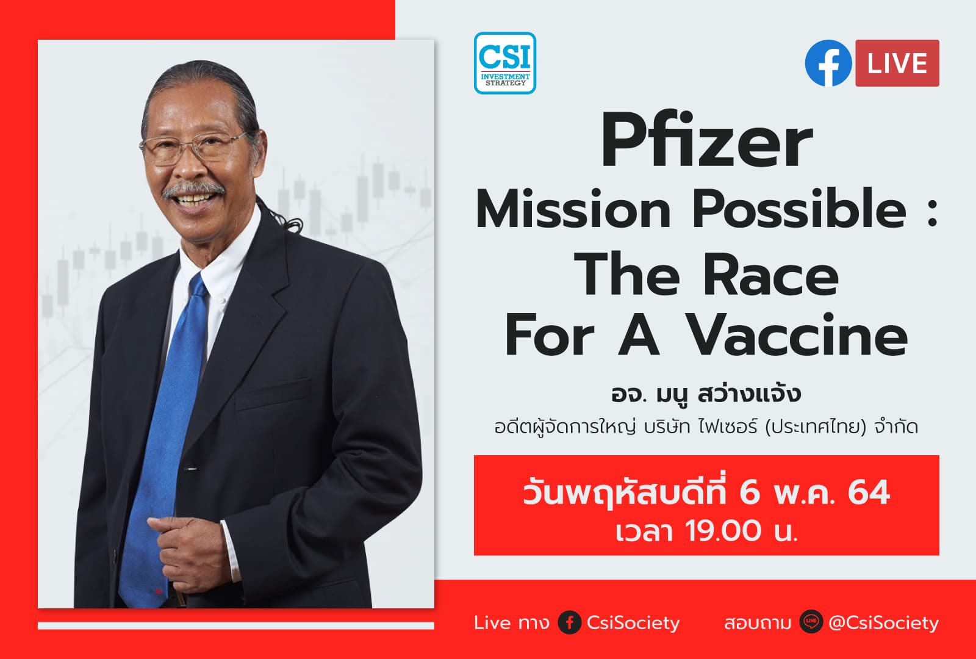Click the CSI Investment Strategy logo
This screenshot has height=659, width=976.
[504, 63]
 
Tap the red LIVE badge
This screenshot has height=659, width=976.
[897, 63]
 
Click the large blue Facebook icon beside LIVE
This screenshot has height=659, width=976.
[828, 63]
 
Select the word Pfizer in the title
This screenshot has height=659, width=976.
[706, 142]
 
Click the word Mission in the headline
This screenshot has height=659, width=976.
[573, 210]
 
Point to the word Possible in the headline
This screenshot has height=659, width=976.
[798, 210]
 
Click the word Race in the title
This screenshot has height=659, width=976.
[771, 276]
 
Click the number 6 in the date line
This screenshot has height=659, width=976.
[749, 493]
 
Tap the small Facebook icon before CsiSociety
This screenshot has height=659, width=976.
[569, 622]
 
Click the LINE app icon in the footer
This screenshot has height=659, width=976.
[811, 622]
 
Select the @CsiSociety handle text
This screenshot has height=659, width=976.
[883, 622]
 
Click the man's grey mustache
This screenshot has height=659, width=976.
[193, 189]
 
